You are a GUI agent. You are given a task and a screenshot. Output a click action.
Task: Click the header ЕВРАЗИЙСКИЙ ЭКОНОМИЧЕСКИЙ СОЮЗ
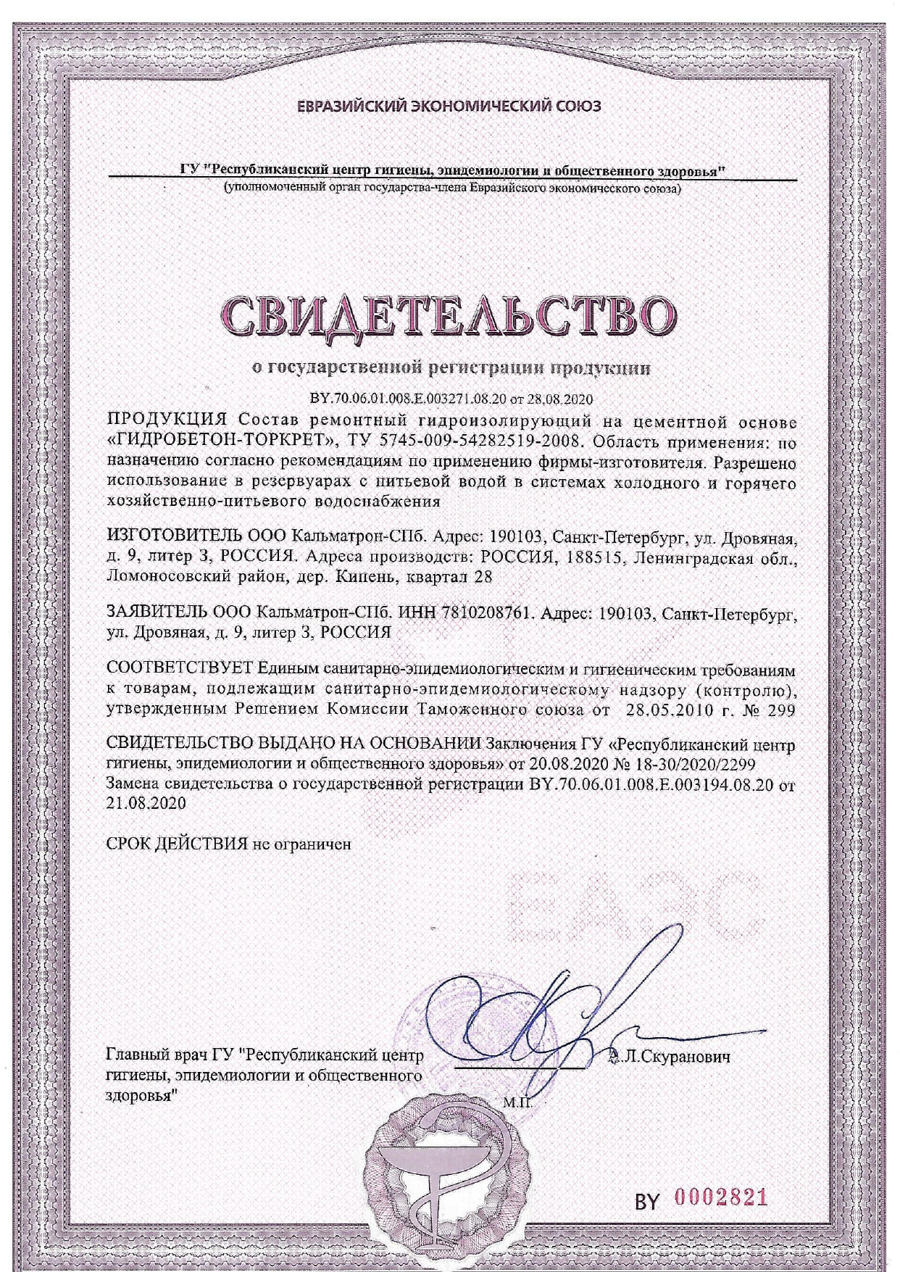pos(449,107)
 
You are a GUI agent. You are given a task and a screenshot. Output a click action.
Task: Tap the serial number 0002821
pos(721,1197)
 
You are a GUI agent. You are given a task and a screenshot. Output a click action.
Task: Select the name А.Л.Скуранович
pos(670,1056)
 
